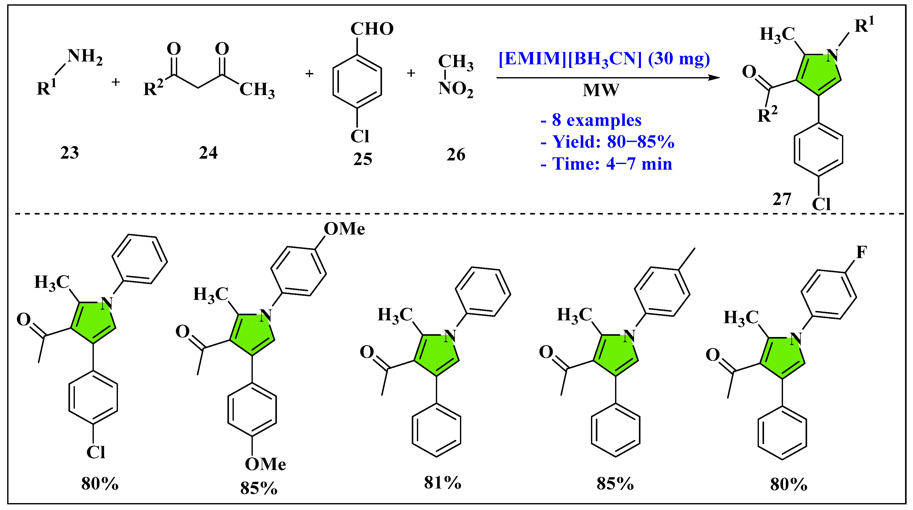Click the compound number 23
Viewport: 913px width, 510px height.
pos(69,153)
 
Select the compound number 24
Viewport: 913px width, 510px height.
pos(208,153)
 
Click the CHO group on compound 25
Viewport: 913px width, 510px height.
pos(372,29)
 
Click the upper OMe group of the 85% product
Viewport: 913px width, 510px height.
pos(344,229)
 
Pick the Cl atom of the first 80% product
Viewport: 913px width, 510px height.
pos(96,452)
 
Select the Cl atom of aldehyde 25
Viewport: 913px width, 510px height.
pos(359,136)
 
